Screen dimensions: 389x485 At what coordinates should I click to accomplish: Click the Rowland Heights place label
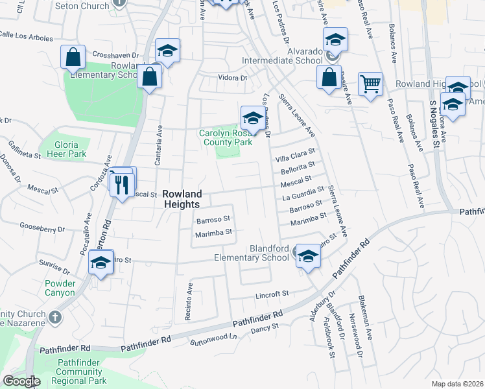(182, 199)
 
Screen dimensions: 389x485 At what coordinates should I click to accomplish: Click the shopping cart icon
(370, 83)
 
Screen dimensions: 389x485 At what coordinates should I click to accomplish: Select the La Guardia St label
(303, 193)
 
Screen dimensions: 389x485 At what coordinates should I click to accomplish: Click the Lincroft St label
(272, 294)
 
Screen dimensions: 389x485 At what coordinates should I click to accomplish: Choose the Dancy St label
(264, 329)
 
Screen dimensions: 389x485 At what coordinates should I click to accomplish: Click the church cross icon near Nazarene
(56, 317)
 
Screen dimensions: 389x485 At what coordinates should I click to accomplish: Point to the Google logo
(21, 381)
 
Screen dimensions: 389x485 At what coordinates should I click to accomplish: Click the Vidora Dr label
(233, 78)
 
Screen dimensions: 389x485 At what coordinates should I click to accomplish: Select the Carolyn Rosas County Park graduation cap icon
(252, 117)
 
